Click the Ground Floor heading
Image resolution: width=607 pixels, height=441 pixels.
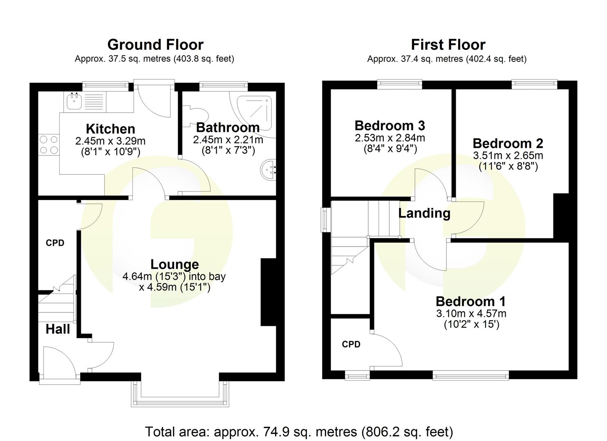[x=155, y=45]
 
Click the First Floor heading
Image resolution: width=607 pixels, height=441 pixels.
[x=448, y=45]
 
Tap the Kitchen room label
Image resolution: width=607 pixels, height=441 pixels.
[x=110, y=129]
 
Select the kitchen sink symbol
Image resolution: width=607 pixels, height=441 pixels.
[x=74, y=101]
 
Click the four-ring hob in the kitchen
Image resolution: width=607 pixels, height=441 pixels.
[x=49, y=145]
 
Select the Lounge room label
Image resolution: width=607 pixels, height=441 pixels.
[x=175, y=265]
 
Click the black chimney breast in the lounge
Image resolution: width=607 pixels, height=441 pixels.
[x=268, y=292]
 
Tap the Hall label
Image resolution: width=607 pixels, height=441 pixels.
[x=58, y=329]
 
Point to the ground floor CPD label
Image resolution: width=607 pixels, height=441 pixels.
[x=55, y=243]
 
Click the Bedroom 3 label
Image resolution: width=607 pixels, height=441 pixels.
[x=390, y=125]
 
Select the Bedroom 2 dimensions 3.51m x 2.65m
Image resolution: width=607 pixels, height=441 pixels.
[x=508, y=156]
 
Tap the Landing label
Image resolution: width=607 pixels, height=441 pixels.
[x=424, y=213]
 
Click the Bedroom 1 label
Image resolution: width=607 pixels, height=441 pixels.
[x=470, y=301]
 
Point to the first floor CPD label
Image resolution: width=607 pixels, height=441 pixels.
[x=351, y=344]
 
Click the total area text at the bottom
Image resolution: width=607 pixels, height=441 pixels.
[x=299, y=431]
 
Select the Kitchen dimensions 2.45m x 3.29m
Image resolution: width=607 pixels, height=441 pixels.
[x=110, y=141]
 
